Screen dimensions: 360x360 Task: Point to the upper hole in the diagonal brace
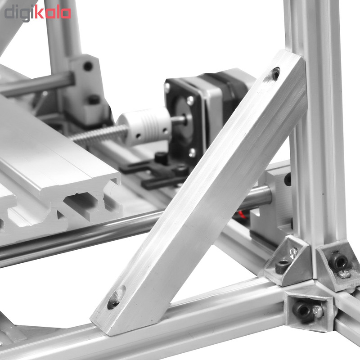[x=275, y=74]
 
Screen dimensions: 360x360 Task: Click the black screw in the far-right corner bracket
[x=337, y=262]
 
